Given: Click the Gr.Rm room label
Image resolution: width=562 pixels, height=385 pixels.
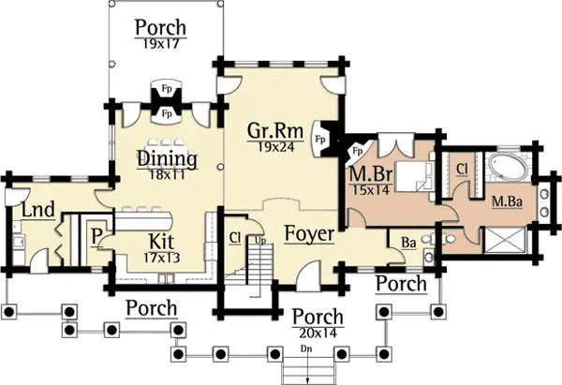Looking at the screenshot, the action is (x=275, y=131).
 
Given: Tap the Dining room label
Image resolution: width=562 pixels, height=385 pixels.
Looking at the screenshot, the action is (x=168, y=159).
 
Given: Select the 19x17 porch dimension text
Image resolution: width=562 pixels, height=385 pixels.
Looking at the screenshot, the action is (x=160, y=44).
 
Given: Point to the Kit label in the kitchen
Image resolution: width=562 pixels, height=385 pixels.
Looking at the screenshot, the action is (x=162, y=242).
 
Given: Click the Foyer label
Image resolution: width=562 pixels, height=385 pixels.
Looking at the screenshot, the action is (x=309, y=234).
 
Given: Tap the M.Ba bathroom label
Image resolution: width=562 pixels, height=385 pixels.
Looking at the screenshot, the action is (x=507, y=202).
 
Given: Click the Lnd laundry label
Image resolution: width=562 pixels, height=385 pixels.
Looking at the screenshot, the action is (x=38, y=210).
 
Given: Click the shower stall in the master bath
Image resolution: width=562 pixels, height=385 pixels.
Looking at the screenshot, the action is (x=506, y=240).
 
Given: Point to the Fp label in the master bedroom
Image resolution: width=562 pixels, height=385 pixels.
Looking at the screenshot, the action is (x=358, y=151).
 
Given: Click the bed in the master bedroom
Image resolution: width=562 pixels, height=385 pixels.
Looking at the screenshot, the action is (x=414, y=176).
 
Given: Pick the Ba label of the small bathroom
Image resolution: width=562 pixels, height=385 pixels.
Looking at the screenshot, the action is (x=408, y=244).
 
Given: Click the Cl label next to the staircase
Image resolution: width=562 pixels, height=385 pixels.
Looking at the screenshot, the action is (x=235, y=238).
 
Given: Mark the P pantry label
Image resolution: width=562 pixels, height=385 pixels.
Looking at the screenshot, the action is (x=96, y=236).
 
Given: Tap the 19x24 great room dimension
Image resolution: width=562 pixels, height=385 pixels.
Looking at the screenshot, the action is (x=276, y=147).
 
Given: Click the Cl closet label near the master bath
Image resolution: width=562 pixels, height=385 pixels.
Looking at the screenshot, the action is (x=463, y=170).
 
